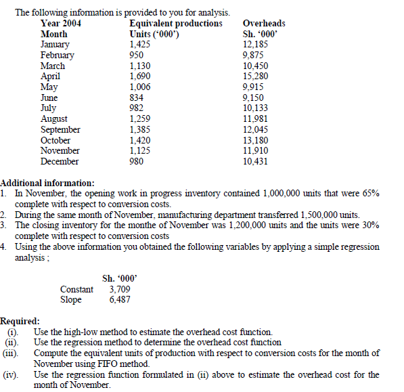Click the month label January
tap(55, 45)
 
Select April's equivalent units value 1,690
tap(140, 77)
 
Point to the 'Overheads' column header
tap(264, 23)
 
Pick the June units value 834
tap(137, 97)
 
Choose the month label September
tap(60, 129)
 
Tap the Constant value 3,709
tap(119, 289)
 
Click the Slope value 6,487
tap(119, 299)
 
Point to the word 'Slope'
tap(70, 299)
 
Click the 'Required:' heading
tap(20, 321)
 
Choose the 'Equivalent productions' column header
tap(175, 23)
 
